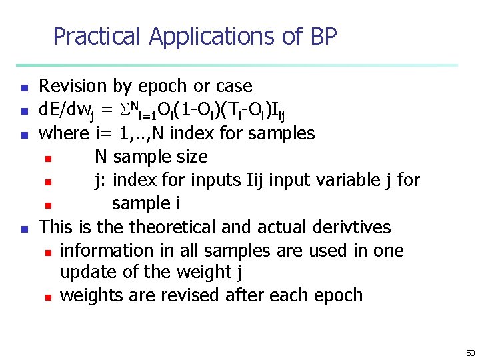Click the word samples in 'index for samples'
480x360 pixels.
(x=281, y=133)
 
